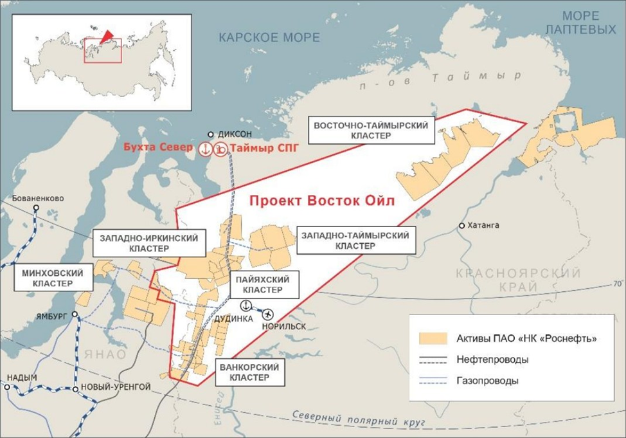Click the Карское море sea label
coord(269,37)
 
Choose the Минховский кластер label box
coord(48,278)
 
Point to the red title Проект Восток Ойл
coord(321,201)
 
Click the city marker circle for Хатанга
coord(462,226)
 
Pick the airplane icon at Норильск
coord(267,314)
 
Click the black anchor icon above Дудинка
coord(246,305)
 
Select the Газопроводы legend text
coord(488,381)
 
